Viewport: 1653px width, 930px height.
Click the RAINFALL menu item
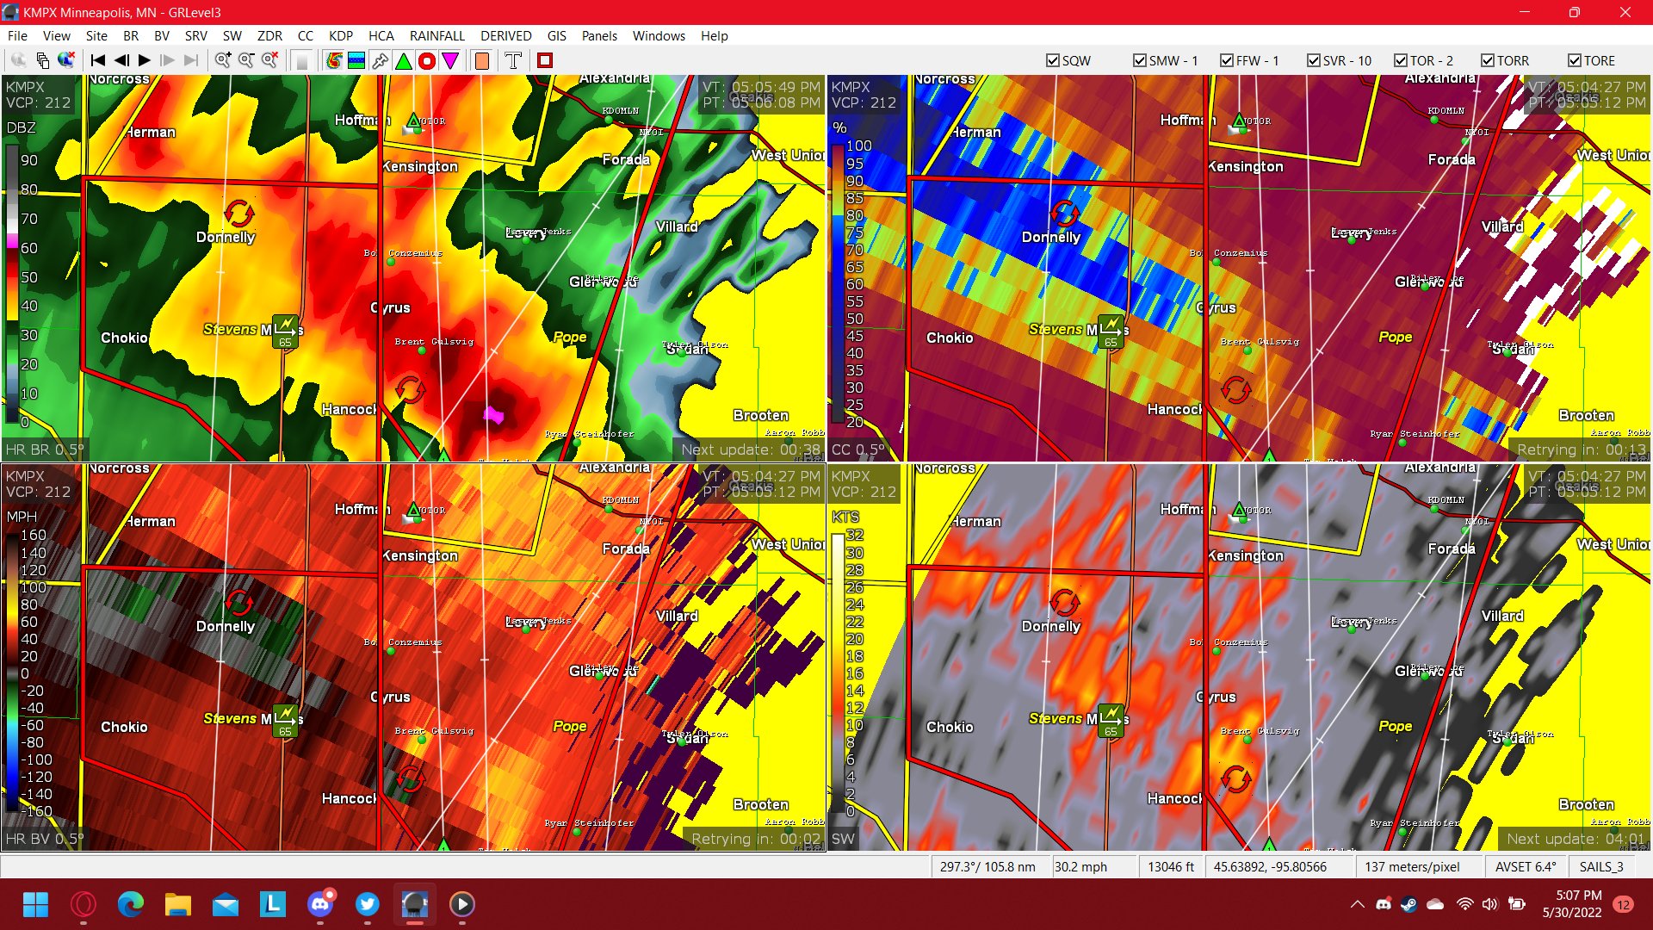(x=436, y=35)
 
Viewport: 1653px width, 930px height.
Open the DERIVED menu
(x=505, y=35)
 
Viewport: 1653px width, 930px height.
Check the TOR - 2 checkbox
(x=1401, y=60)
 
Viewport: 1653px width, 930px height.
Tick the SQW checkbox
(x=1052, y=60)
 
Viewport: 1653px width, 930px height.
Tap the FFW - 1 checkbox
(x=1227, y=60)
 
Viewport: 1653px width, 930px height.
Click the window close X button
(x=1625, y=12)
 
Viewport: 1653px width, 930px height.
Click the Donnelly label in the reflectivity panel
(x=226, y=237)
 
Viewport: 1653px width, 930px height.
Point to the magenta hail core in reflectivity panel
(x=493, y=415)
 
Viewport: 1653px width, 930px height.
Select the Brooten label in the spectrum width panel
(x=1586, y=804)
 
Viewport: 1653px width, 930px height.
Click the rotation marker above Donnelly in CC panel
(x=1065, y=212)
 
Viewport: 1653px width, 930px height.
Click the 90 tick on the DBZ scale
(x=29, y=160)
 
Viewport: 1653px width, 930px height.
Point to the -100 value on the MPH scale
(x=37, y=759)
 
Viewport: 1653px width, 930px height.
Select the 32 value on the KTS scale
(x=854, y=535)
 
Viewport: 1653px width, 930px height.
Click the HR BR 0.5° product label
(x=45, y=449)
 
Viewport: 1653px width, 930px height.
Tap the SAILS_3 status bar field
(x=1600, y=866)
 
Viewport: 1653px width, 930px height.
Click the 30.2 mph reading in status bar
(x=1080, y=866)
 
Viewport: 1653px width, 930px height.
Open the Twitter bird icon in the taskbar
(x=368, y=904)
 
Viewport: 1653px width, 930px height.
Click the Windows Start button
(x=36, y=904)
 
